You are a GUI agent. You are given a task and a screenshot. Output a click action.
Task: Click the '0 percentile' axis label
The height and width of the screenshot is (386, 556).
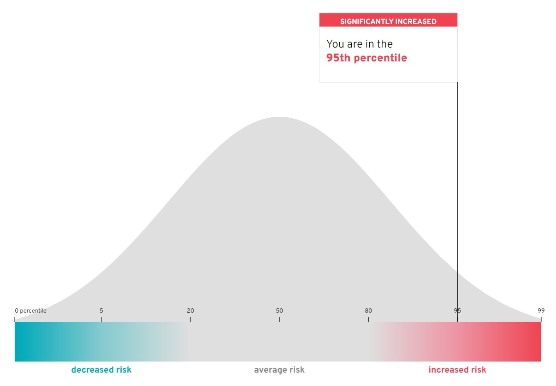tap(30, 311)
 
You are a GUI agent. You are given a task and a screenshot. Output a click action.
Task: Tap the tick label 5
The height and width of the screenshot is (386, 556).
tap(101, 311)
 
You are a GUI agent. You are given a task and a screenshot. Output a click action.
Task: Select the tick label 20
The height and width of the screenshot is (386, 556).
tap(190, 311)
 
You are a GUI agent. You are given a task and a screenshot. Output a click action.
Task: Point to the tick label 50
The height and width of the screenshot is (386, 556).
tap(279, 311)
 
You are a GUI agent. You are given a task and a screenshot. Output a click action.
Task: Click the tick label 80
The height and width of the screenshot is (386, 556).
tap(368, 311)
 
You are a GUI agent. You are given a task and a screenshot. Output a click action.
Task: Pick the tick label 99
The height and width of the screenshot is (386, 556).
tap(541, 311)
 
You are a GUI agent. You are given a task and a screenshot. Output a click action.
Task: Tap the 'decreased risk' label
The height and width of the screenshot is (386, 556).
tap(101, 370)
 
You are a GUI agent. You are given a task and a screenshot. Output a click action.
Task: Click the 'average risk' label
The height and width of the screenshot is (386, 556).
tap(279, 370)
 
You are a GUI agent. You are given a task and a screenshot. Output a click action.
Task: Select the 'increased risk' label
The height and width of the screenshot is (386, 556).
tap(457, 370)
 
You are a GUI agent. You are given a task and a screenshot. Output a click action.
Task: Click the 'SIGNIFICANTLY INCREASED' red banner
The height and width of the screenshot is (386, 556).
tap(388, 20)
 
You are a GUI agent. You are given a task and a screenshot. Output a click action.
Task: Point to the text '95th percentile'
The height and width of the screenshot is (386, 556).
tap(367, 58)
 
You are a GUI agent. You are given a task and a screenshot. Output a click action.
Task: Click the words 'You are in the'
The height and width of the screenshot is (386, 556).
tap(360, 44)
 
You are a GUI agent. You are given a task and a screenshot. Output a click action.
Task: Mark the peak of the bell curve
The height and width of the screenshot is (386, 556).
tap(279, 117)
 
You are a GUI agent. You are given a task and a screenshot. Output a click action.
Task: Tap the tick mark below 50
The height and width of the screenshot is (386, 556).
tap(279, 319)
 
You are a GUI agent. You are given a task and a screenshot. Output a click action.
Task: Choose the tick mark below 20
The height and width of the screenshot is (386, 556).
tap(190, 319)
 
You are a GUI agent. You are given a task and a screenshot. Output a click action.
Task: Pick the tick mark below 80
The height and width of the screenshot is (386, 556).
tap(368, 319)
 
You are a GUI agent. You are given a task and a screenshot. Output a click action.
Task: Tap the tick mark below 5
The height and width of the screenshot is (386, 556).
tap(101, 319)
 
